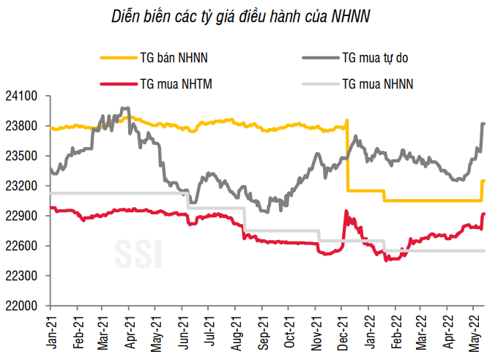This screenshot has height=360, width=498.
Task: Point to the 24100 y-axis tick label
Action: (x=24, y=96)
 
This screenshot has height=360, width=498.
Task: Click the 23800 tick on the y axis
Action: (x=24, y=126)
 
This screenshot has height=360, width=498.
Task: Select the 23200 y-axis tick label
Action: (x=24, y=186)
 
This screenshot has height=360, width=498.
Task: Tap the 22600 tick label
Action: (x=24, y=246)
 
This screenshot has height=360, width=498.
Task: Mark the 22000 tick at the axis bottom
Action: (x=24, y=306)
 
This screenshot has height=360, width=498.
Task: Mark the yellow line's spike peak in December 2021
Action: (x=347, y=120)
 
